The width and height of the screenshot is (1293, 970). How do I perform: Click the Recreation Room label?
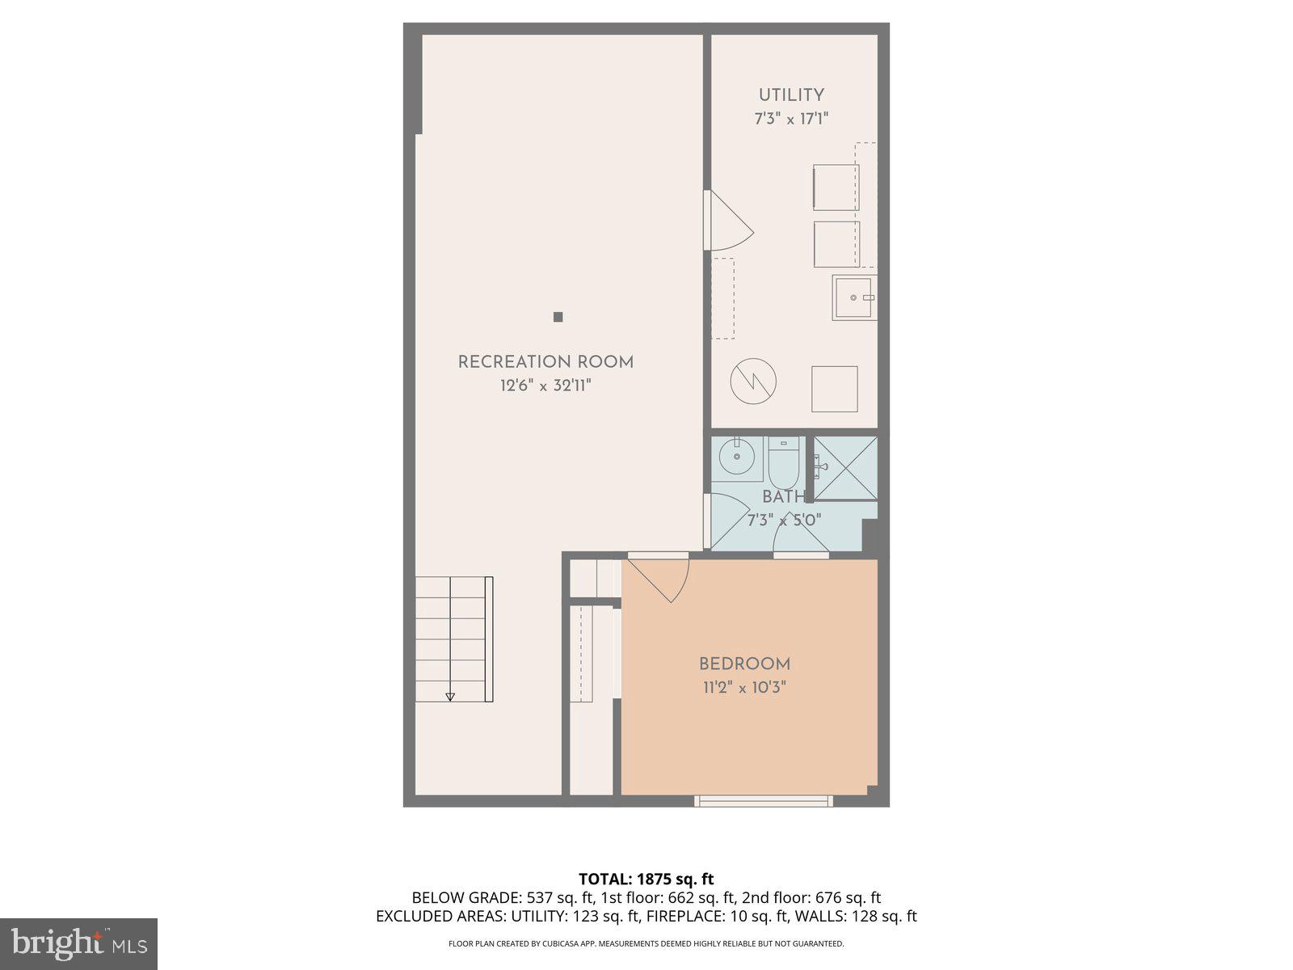coord(545,362)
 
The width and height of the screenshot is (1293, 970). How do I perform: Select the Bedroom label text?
coord(744,664)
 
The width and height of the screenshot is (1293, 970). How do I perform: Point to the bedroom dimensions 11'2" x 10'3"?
coord(744,688)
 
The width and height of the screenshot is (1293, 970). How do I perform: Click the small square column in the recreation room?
coord(558,317)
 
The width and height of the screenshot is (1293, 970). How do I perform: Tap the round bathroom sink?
coord(737,458)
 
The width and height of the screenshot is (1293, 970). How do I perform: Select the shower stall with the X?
coord(845,468)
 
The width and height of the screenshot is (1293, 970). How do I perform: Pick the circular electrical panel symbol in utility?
coord(753,381)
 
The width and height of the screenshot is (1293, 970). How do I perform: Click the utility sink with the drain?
coord(854,297)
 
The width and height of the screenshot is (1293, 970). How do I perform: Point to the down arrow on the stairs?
coord(450,696)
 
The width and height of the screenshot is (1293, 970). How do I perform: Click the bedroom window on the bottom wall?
coord(763,801)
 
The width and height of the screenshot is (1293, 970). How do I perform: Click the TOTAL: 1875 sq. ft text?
coord(646,879)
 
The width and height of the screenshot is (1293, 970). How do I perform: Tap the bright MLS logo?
coord(78,943)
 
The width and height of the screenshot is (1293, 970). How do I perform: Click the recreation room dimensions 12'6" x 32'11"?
coord(545,386)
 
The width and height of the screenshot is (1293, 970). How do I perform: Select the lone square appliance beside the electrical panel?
coord(834,389)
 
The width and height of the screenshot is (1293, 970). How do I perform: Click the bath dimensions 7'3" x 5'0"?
coord(784,521)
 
